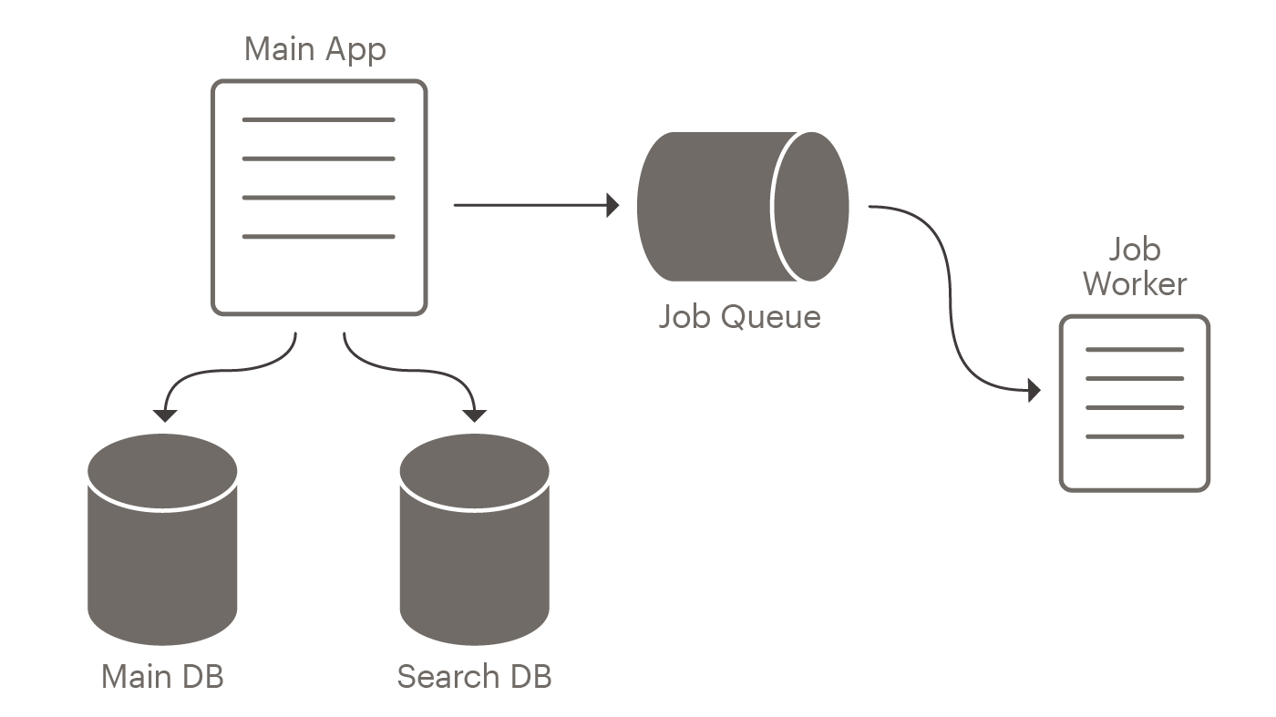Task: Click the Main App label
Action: (x=314, y=48)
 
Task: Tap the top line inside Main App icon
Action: (x=318, y=119)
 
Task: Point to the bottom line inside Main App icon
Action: (x=318, y=237)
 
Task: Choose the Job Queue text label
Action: (x=739, y=317)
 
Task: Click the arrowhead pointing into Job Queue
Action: (x=613, y=205)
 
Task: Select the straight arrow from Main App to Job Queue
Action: (x=529, y=205)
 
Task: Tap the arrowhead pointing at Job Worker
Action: (x=1034, y=391)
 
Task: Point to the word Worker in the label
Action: (x=1135, y=283)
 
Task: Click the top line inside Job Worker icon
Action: (x=1135, y=350)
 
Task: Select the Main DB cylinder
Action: (x=163, y=547)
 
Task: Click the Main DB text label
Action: (x=163, y=677)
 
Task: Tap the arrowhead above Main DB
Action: (x=164, y=415)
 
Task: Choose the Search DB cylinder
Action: (x=475, y=547)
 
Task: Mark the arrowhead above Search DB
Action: (x=475, y=415)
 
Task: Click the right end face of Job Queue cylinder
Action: (x=811, y=207)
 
